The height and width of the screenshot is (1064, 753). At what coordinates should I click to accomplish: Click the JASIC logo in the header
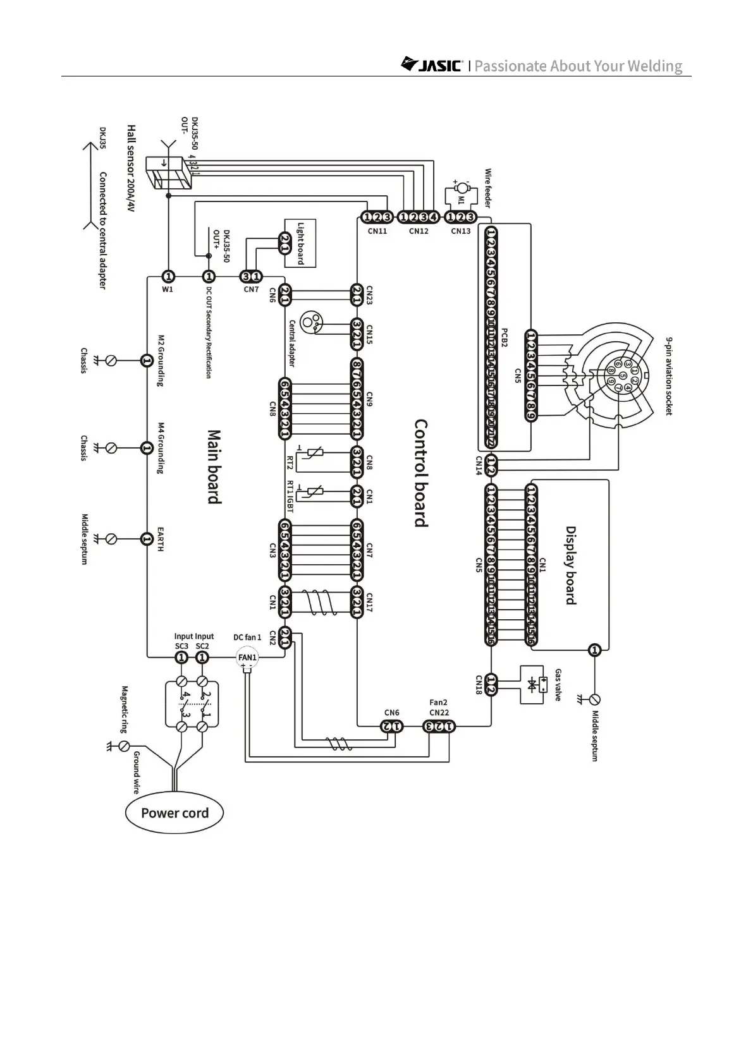tap(433, 65)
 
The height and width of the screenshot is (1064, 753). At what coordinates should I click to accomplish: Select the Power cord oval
tap(174, 813)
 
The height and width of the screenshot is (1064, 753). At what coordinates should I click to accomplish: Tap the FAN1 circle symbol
tap(247, 658)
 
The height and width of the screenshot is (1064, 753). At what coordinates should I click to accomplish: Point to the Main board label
tap(215, 467)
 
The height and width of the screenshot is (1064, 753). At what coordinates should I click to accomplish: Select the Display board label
tap(571, 565)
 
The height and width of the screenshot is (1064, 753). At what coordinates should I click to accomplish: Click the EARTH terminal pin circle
tap(146, 539)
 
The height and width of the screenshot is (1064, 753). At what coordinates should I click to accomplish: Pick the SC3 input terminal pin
tap(181, 657)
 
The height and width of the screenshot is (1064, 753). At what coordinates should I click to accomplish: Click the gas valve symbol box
tap(533, 685)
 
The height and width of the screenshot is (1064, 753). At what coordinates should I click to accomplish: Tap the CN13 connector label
tap(461, 231)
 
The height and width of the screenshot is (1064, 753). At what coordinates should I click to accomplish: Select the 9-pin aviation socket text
tap(668, 375)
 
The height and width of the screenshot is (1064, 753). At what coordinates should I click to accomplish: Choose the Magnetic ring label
tap(125, 709)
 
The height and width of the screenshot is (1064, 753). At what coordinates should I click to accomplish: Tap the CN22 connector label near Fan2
tap(439, 713)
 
